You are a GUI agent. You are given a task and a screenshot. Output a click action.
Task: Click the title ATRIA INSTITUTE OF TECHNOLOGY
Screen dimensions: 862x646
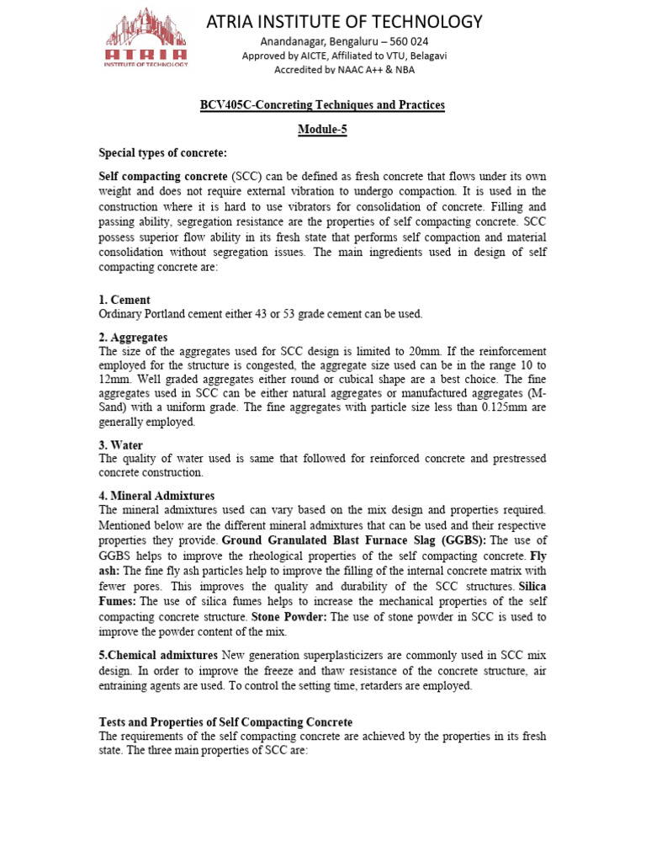(345, 21)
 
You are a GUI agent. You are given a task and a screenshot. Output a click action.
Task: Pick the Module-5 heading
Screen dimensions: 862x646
(323, 130)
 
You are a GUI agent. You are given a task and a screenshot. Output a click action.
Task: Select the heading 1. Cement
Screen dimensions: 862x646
(124, 301)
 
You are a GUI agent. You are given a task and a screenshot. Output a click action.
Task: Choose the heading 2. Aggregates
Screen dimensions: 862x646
(134, 338)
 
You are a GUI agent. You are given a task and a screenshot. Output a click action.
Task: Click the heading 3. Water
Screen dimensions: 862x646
(121, 445)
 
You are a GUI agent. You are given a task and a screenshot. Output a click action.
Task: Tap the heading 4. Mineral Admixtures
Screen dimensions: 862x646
(156, 496)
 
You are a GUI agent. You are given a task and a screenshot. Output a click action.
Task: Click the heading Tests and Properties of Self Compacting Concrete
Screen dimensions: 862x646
(225, 722)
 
